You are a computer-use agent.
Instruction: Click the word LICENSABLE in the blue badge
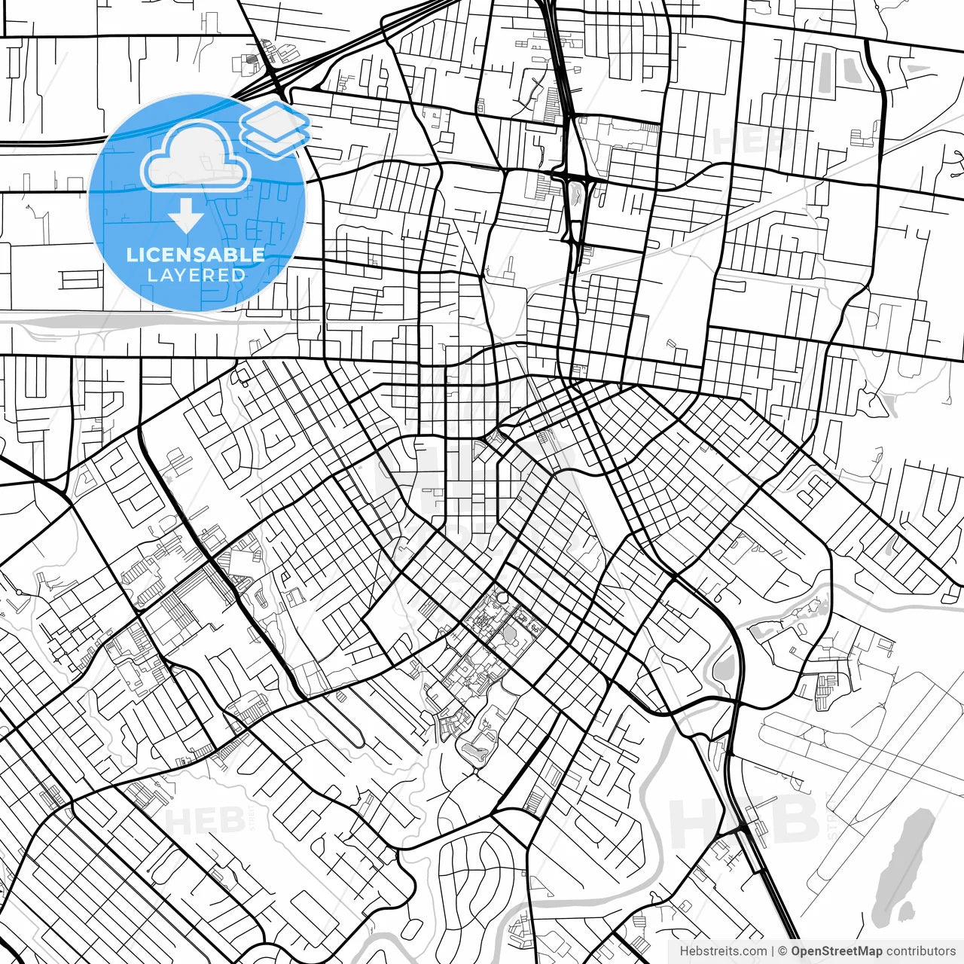coord(196,255)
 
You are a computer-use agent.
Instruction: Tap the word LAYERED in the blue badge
coord(196,275)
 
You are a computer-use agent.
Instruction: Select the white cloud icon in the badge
coord(197,157)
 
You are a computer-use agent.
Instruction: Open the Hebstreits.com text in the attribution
coord(723,951)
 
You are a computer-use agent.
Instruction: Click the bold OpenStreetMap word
coord(837,951)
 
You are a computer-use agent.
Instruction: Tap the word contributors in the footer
coord(920,951)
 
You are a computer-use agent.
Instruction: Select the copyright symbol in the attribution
coord(782,951)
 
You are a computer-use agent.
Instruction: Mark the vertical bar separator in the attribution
coord(773,951)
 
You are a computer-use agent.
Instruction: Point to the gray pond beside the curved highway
coord(722,667)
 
